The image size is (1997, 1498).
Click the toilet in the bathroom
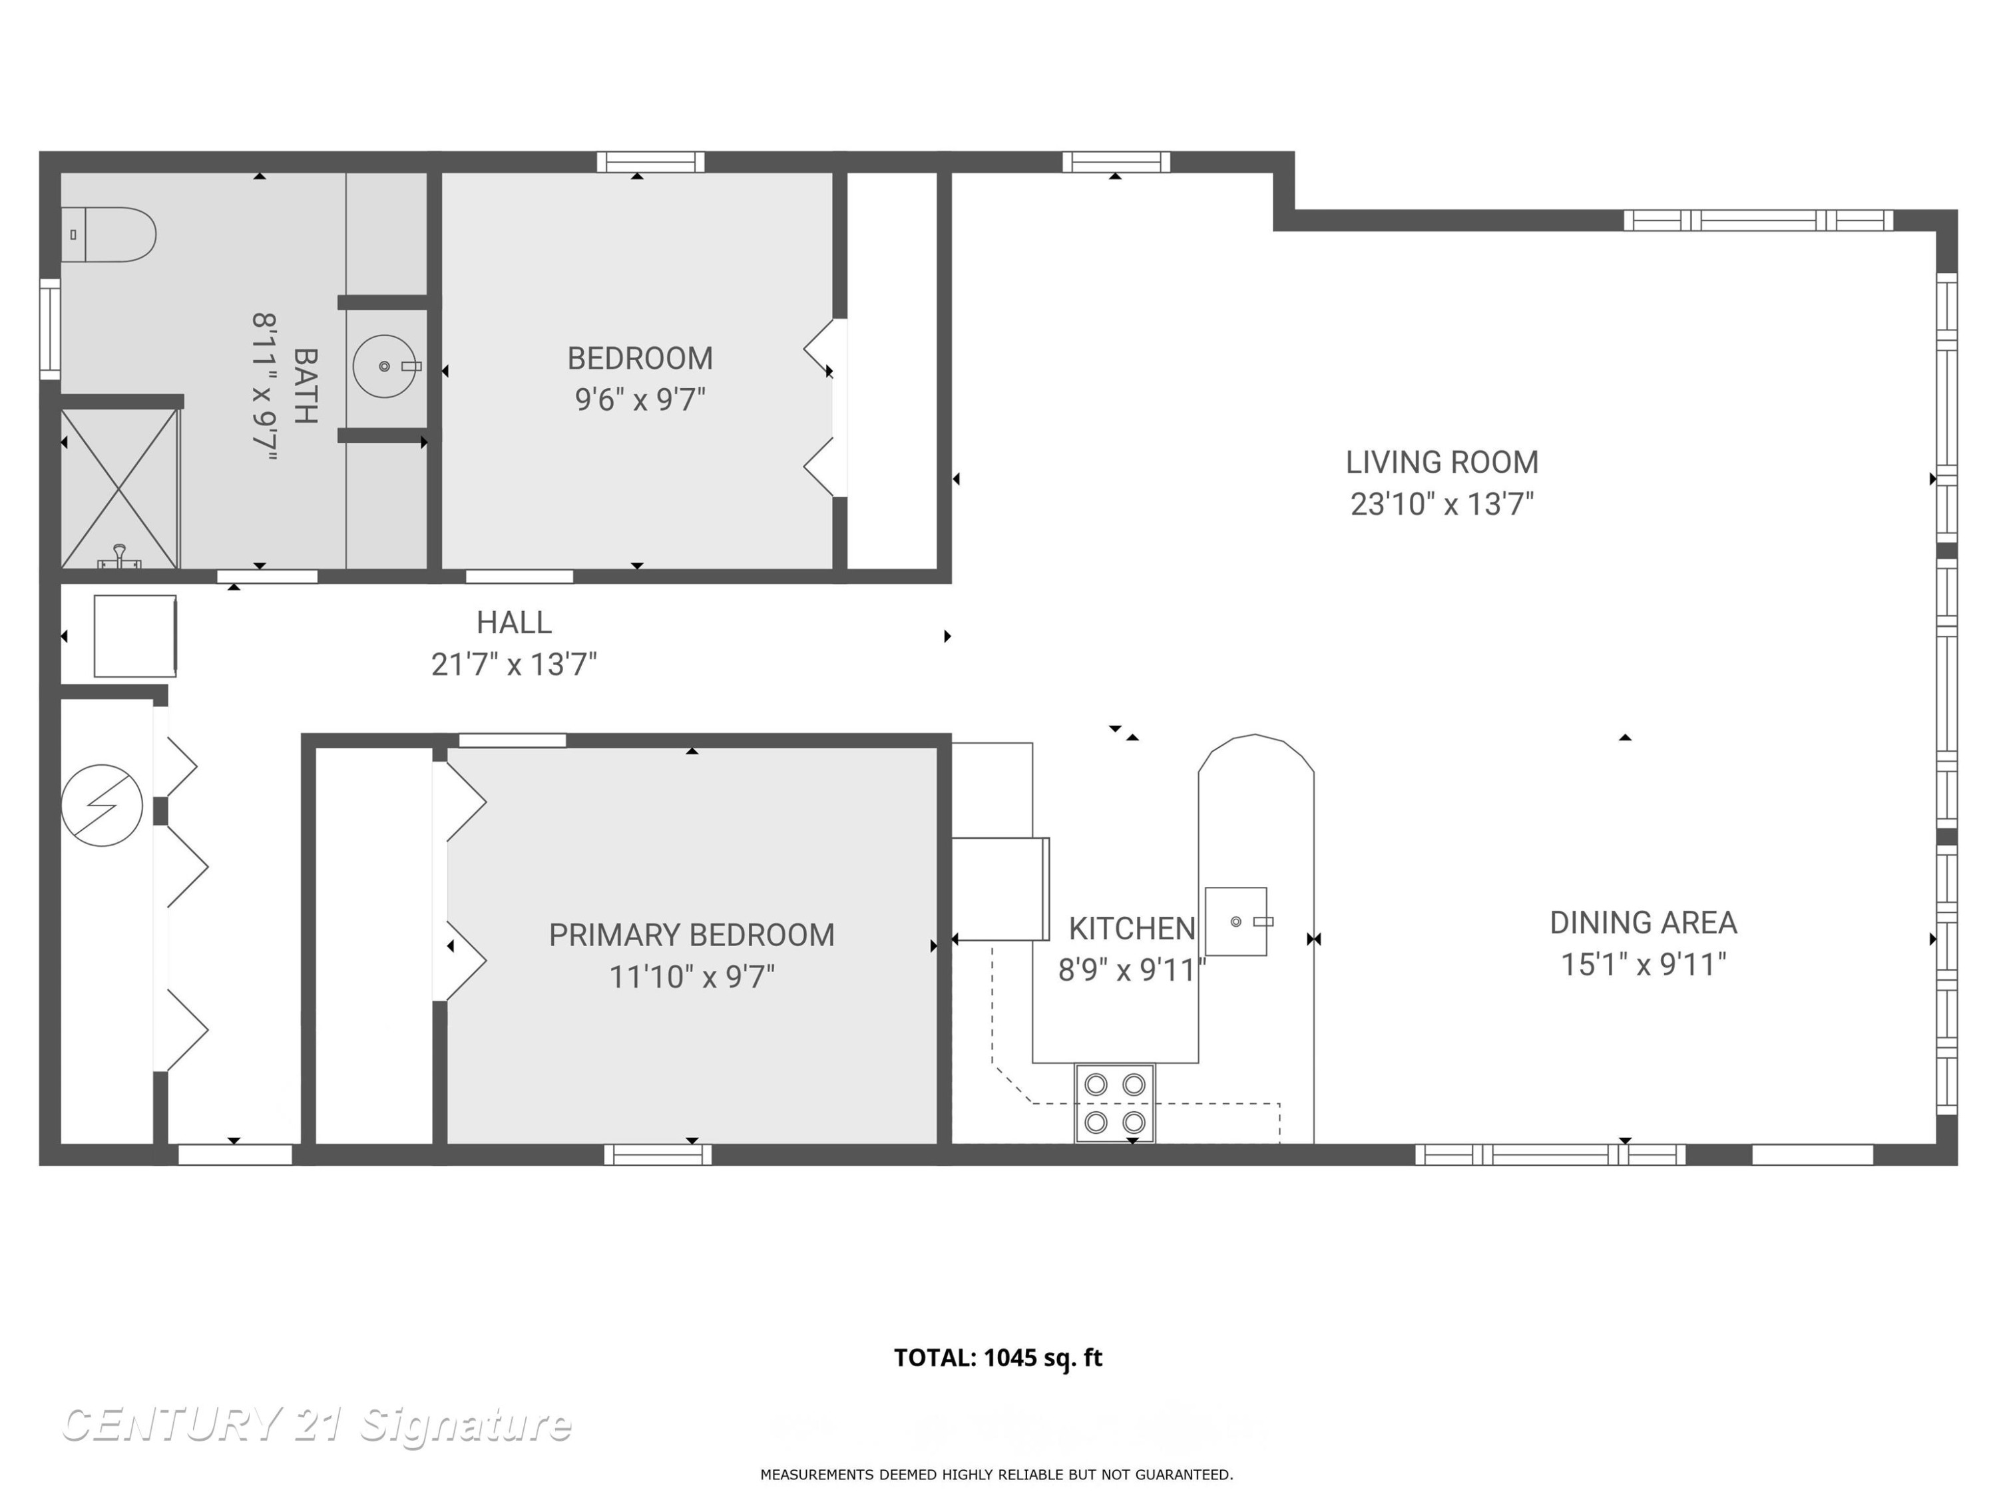pos(109,235)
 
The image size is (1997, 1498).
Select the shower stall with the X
pos(119,489)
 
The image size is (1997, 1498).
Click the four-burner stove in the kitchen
pos(1114,1103)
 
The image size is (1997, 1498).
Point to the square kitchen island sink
pos(1236,921)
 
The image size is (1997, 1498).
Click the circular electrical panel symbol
pos(102,806)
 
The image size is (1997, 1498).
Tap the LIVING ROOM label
pos(1442,462)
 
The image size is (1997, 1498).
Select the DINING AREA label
pos(1643,923)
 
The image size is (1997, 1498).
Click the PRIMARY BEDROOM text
pos(692,935)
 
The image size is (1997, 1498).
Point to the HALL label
pos(514,623)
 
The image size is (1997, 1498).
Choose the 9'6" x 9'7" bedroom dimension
pos(640,399)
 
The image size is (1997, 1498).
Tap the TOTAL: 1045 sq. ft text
pos(998,1358)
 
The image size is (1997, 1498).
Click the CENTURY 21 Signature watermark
pos(316,1425)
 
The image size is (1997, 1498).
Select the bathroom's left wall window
pos(50,330)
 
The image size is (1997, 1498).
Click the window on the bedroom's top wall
pos(650,162)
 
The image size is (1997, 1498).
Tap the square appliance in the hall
pos(135,636)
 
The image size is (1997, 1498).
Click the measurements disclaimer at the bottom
pos(997,1475)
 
